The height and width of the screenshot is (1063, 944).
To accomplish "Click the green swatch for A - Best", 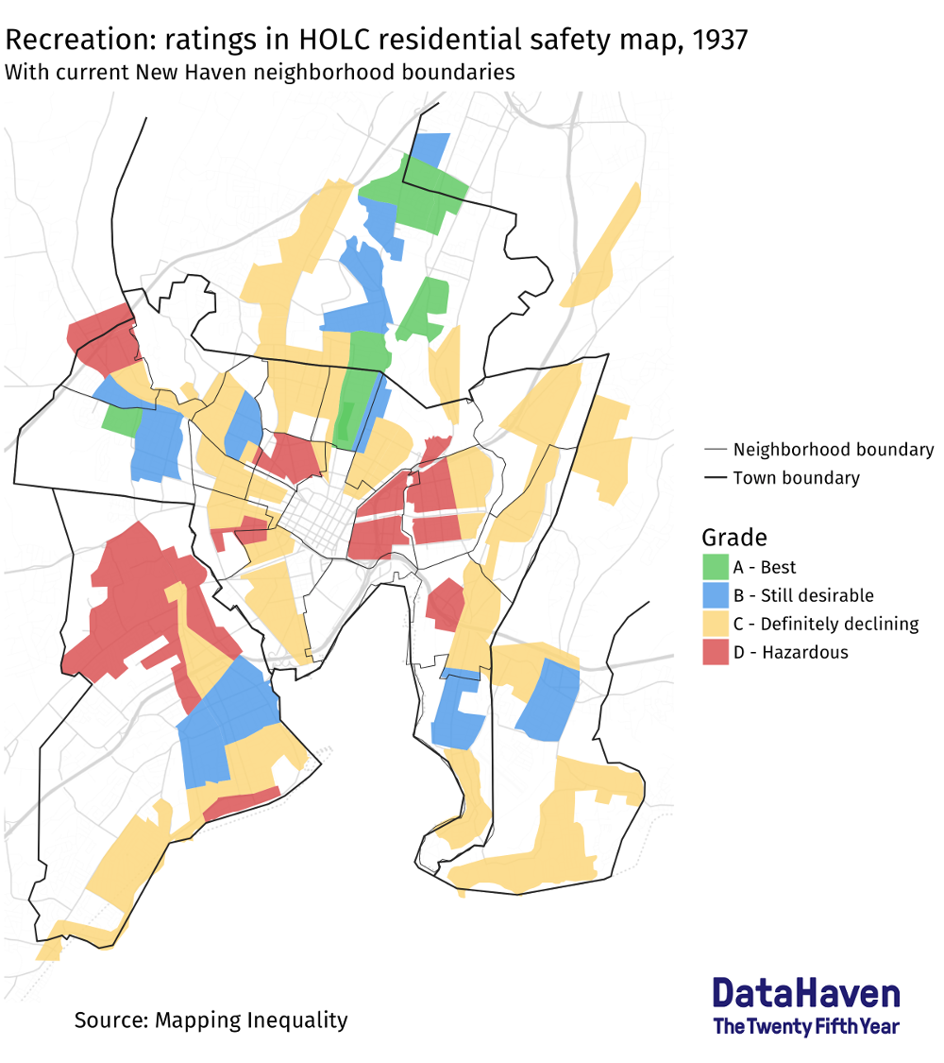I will tap(716, 567).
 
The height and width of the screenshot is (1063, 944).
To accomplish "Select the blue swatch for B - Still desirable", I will tap(716, 595).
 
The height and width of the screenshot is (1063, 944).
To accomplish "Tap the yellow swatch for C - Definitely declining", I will tap(716, 624).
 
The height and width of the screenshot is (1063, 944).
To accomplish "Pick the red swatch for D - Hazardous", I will tap(716, 652).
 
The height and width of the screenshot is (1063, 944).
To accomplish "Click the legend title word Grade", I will tap(733, 538).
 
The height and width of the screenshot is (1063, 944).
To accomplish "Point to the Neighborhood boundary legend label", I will tap(833, 450).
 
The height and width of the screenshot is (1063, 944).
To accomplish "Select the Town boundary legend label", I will tap(796, 478).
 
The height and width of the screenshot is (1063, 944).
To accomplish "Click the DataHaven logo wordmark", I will tap(806, 993).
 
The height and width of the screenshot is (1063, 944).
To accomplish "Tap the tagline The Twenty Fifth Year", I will tap(806, 1026).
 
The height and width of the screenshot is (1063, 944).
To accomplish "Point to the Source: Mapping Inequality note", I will tap(211, 1020).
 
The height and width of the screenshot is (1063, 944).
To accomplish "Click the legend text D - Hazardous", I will tap(804, 652).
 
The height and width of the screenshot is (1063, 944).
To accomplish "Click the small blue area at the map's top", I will tap(431, 147).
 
